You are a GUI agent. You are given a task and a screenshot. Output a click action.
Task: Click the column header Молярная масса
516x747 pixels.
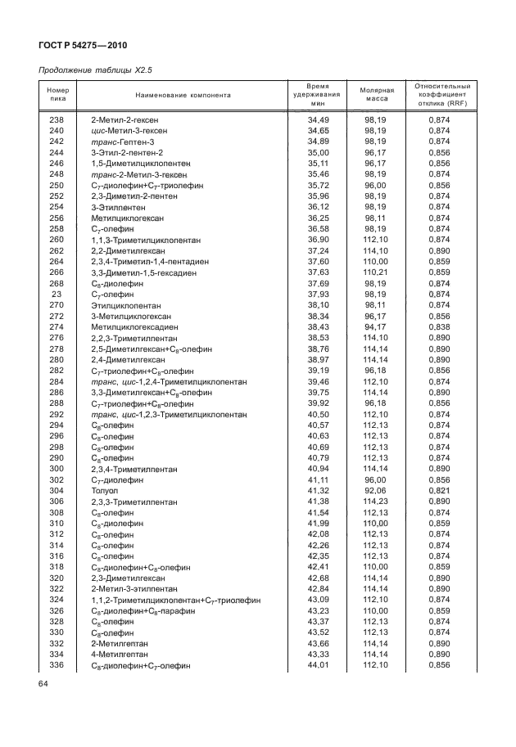click(377, 95)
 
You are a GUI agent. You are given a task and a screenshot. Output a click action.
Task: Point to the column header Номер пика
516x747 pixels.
click(57, 95)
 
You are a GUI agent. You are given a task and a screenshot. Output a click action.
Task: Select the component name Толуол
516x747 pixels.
click(104, 489)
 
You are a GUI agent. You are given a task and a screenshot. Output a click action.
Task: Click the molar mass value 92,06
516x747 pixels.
click(375, 489)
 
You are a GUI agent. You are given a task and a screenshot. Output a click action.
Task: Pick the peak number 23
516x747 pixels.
click(57, 293)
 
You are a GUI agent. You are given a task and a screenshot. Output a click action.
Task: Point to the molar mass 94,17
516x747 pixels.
click(375, 326)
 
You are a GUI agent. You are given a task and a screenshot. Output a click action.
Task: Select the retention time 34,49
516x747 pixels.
click(295, 119)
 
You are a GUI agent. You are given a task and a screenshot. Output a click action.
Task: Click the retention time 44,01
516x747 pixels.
click(295, 666)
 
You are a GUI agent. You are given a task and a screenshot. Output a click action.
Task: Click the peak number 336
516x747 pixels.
click(57, 666)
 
